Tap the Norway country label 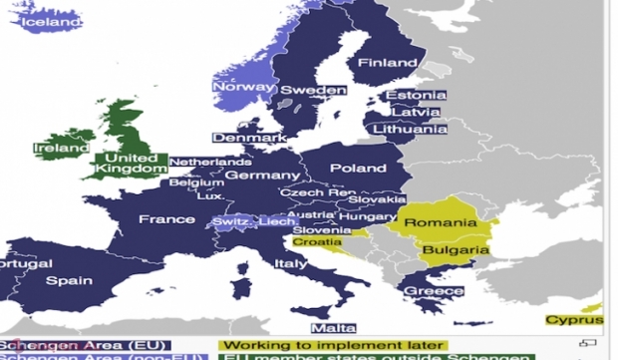tap(242, 87)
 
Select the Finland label tap(387, 63)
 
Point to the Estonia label tap(415, 96)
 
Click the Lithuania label tap(410, 129)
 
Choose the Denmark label tap(248, 138)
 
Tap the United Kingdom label tap(132, 164)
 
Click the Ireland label tap(61, 149)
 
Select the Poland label tap(357, 169)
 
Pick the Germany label tap(262, 176)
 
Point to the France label tap(166, 219)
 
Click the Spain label tap(69, 281)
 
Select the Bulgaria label tap(455, 250)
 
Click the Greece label tap(434, 291)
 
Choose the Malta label tap(333, 328)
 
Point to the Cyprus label tap(574, 320)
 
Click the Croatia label tap(317, 242)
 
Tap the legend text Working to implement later tap(332, 346)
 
